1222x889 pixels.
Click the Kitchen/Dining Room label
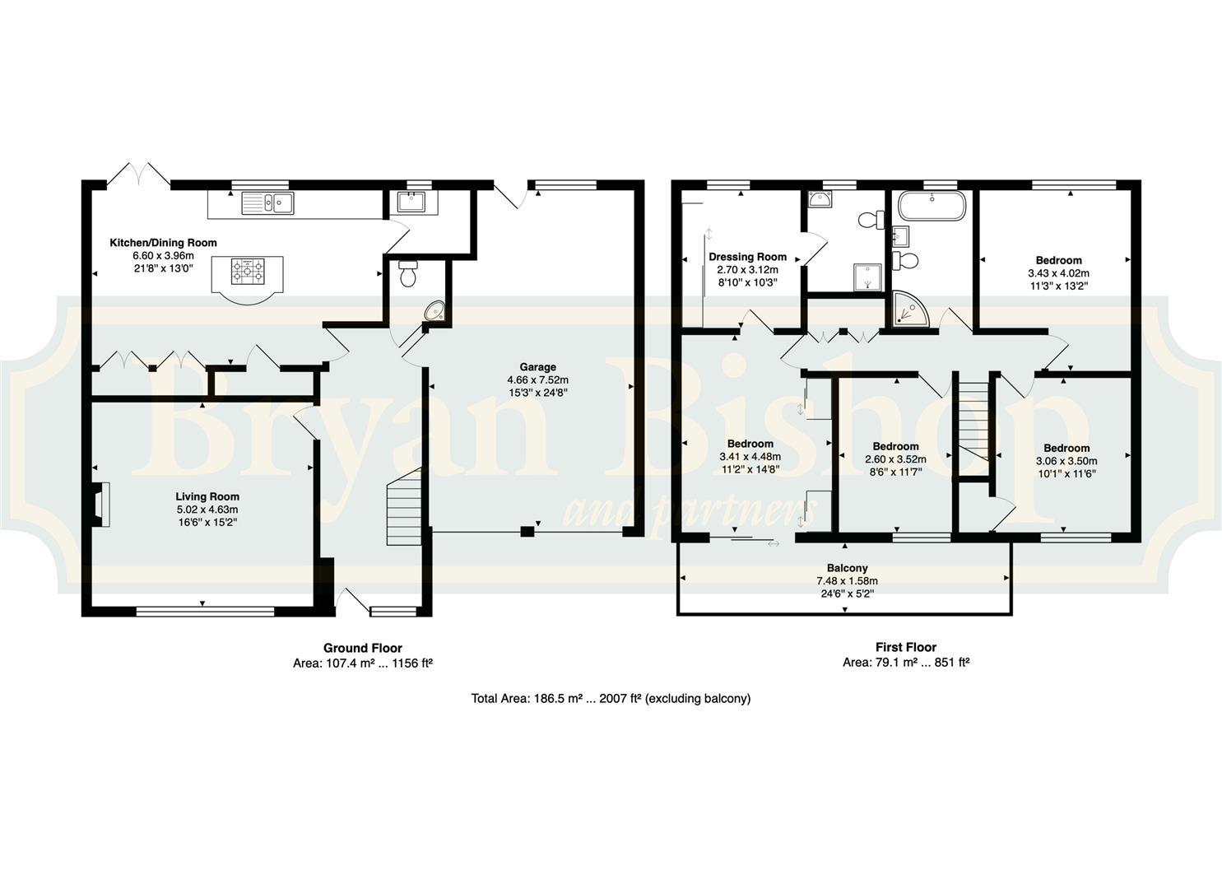coord(163,242)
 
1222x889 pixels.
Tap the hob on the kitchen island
coord(247,270)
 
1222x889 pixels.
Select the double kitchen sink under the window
coord(267,203)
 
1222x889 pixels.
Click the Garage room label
coord(537,367)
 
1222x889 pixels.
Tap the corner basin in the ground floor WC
coord(435,311)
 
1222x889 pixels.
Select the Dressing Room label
coord(747,257)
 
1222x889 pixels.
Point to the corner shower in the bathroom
coord(910,309)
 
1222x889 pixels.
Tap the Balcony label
coord(848,568)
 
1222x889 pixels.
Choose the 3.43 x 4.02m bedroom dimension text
coord(1058,272)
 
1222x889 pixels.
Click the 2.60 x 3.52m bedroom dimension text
coord(895,459)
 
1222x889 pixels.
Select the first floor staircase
coord(973,429)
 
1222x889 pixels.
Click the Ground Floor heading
coord(363,648)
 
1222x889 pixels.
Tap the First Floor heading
coord(906,647)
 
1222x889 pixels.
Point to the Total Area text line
coord(611,698)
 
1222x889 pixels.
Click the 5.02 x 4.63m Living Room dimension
coord(207,510)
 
